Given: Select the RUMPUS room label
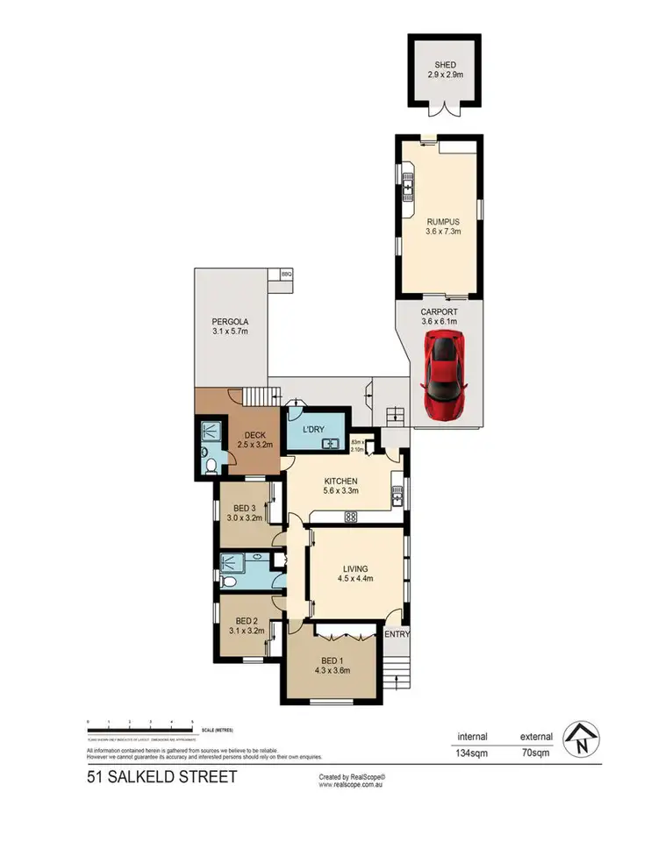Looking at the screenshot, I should (438, 222).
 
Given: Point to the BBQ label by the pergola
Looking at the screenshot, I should (286, 275).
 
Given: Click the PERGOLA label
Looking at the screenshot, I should (230, 321).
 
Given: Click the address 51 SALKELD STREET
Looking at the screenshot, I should (161, 777).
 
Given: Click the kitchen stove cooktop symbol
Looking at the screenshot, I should (350, 517).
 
